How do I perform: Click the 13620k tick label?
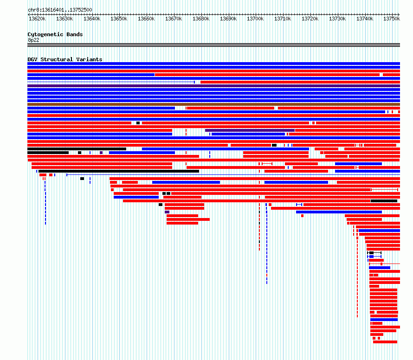click(x=37, y=19)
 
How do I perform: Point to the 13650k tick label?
click(x=119, y=19)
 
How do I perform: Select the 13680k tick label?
click(x=201, y=19)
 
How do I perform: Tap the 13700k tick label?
click(x=255, y=19)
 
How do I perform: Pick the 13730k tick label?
click(x=337, y=19)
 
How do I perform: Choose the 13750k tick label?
click(x=392, y=19)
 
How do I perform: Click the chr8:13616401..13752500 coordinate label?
click(x=60, y=10)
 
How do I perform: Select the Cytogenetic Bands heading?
click(x=55, y=34)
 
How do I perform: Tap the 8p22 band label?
click(x=33, y=40)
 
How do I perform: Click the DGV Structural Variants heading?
click(x=65, y=59)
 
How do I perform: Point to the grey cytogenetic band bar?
click(x=213, y=45)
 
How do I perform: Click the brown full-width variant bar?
click(x=213, y=104)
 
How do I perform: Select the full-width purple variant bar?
click(x=213, y=86)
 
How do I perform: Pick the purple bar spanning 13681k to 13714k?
click(x=250, y=130)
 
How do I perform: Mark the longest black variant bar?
click(x=119, y=171)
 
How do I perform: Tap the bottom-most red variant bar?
click(x=385, y=342)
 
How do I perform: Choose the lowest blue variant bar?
click(x=384, y=320)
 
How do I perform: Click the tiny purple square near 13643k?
click(x=101, y=153)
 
